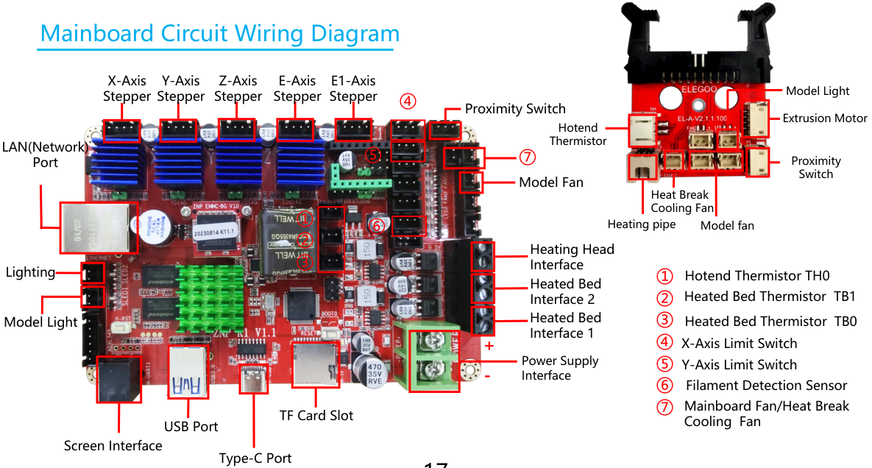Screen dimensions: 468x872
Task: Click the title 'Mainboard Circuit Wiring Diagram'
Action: [219, 34]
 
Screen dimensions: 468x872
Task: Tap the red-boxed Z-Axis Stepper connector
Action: [237, 130]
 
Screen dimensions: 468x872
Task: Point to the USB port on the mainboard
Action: [188, 372]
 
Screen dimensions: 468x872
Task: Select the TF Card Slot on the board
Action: [317, 364]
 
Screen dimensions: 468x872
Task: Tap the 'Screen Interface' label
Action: [113, 446]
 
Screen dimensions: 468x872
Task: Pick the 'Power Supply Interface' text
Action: [560, 368]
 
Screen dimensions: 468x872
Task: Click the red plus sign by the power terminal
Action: [489, 345]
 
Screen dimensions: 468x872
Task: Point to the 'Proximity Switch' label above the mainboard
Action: [515, 109]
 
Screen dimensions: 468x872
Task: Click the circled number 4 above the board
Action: [408, 101]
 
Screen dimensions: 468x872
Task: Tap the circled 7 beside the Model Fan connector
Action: [526, 157]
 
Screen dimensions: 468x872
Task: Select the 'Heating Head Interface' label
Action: [572, 257]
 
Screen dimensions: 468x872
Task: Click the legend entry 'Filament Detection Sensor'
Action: [766, 386]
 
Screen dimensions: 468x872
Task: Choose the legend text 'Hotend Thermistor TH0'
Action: [756, 276]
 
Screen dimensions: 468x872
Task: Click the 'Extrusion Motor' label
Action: [824, 118]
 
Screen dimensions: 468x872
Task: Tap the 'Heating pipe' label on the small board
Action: [641, 224]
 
